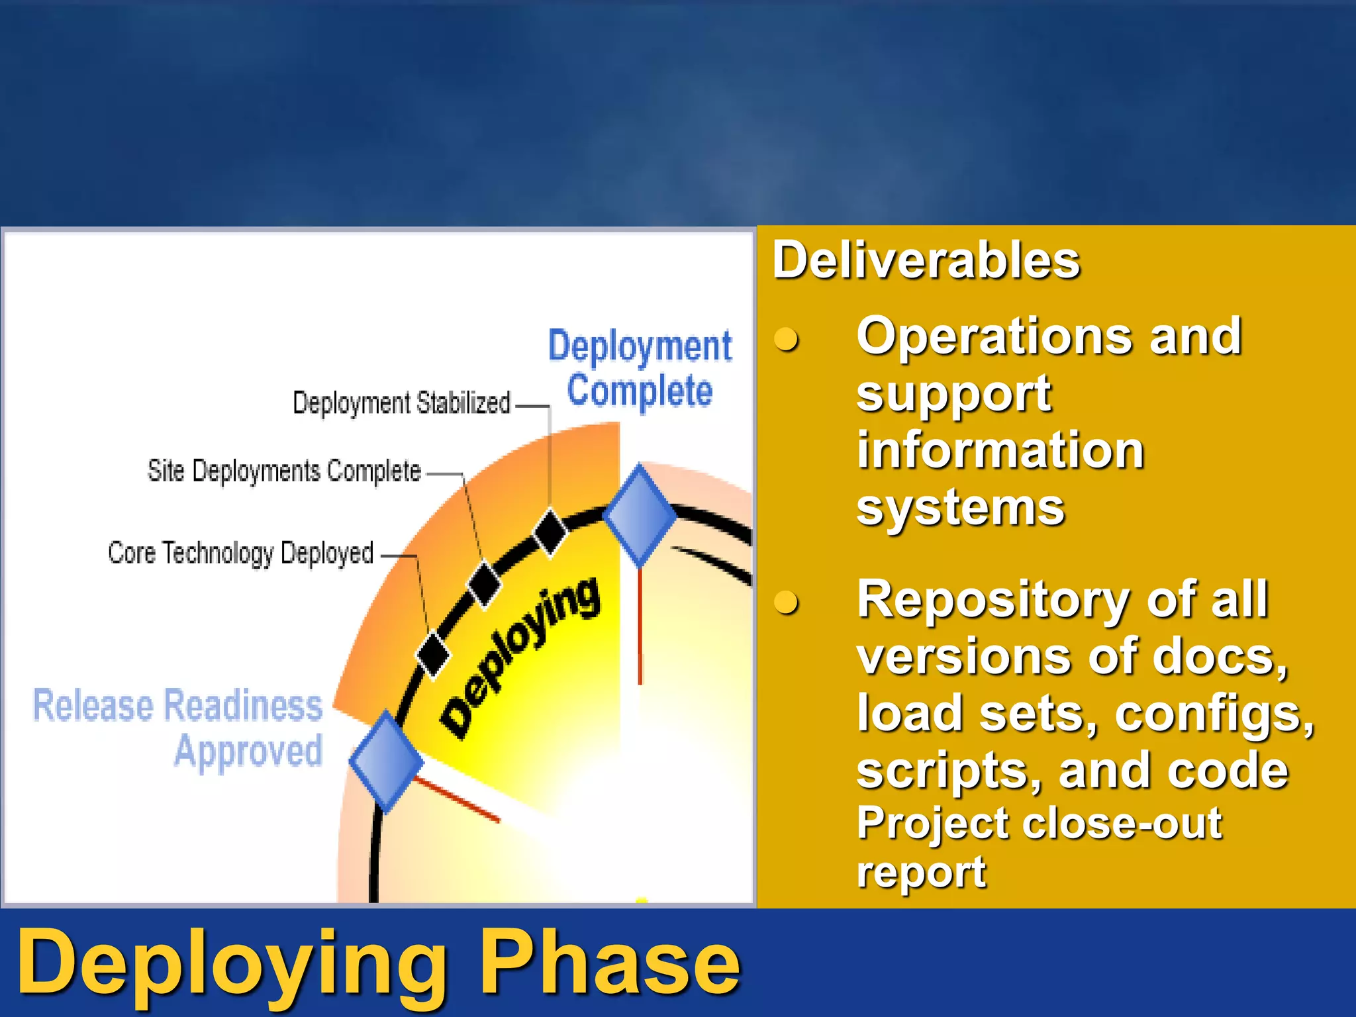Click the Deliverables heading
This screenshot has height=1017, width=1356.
926,261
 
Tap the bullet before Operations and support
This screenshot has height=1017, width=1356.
786,339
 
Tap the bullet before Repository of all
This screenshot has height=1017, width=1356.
786,603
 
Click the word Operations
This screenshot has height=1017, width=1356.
993,336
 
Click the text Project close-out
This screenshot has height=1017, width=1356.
1038,824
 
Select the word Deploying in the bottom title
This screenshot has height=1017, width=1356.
232,963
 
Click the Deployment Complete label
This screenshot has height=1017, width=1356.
640,368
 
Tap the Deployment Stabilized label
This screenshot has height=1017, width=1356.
401,403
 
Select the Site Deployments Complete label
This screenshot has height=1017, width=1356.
284,471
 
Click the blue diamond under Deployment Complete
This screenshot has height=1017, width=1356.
640,515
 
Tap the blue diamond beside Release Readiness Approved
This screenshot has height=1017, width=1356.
386,761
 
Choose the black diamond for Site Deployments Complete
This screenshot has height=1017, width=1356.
484,583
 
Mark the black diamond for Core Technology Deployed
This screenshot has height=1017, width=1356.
432,654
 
